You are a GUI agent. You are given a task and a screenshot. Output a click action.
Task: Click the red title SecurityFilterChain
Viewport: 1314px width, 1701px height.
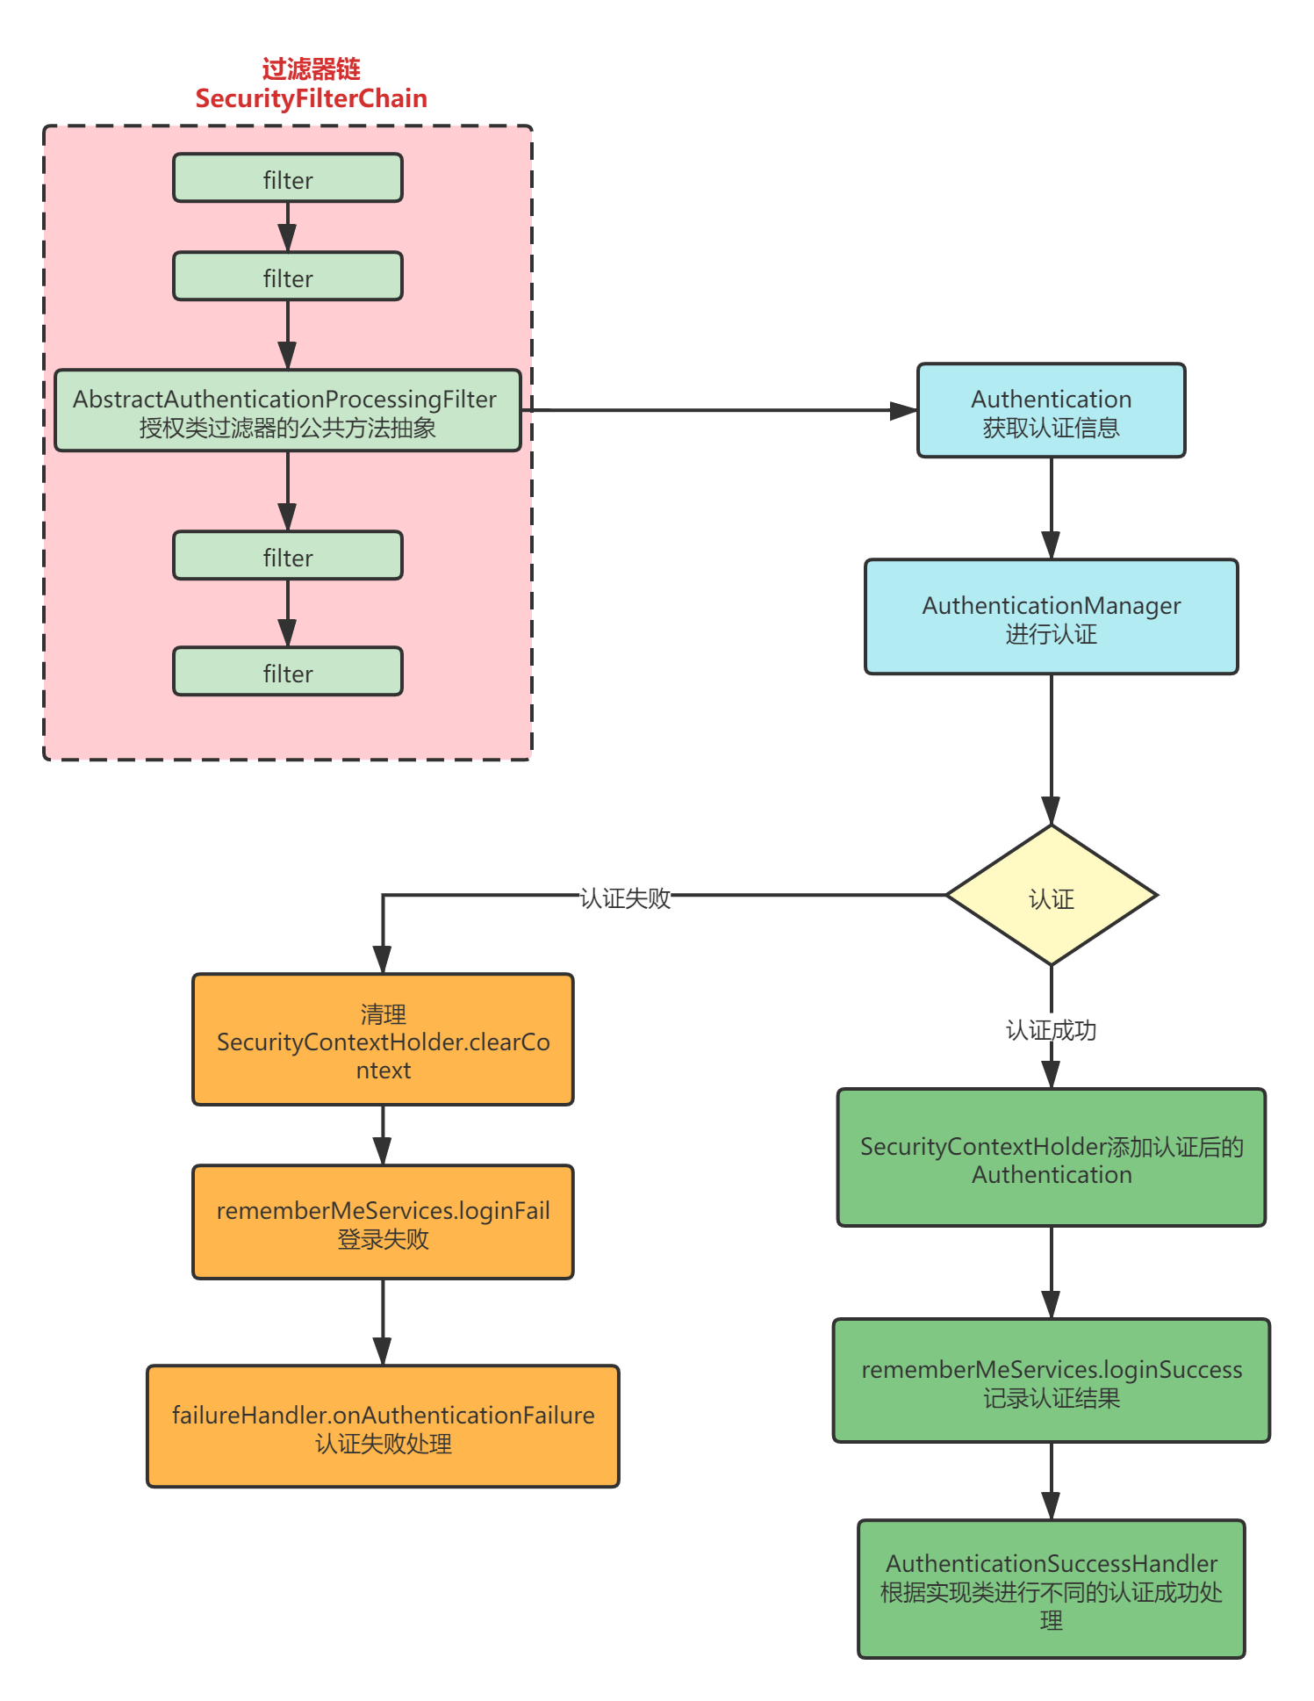[x=311, y=98]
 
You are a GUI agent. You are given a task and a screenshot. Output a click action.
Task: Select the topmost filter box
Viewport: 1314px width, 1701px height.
[x=288, y=178]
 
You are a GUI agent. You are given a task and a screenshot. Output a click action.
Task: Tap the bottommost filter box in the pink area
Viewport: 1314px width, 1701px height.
[x=288, y=672]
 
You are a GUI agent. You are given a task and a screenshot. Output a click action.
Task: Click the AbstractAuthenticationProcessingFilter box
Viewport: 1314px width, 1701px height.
[x=288, y=411]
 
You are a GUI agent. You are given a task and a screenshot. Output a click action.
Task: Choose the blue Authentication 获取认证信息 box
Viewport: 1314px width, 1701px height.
[x=1052, y=411]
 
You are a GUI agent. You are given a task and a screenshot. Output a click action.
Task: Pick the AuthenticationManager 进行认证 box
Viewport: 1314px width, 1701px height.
[x=1052, y=617]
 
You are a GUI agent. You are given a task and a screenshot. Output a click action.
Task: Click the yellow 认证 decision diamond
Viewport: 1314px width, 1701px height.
[x=1052, y=897]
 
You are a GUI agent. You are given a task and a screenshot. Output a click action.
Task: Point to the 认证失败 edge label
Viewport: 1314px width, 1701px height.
[x=625, y=897]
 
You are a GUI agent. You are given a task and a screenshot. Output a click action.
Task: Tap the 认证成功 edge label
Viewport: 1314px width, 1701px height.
[x=1052, y=1028]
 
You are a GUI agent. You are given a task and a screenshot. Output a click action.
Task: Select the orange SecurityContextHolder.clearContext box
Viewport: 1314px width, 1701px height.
[x=383, y=1040]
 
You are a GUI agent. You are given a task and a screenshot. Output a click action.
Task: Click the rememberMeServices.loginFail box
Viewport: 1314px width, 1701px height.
[x=383, y=1222]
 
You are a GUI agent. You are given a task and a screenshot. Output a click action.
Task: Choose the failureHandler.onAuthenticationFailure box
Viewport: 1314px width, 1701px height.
[x=383, y=1427]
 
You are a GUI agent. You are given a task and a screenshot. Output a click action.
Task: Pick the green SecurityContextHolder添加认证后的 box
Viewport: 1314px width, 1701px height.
[x=1052, y=1158]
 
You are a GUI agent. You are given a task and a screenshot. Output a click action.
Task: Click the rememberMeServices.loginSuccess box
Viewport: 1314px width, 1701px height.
[x=1052, y=1381]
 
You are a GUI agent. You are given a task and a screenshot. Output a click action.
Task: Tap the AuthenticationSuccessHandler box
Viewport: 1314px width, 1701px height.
[x=1052, y=1589]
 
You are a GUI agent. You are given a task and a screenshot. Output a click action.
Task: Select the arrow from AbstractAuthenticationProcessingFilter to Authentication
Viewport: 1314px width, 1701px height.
[x=720, y=410]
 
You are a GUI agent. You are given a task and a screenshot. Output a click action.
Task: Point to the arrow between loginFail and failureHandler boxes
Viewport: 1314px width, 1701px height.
[x=383, y=1322]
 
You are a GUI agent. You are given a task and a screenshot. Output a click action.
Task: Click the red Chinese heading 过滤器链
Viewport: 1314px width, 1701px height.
[x=311, y=68]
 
